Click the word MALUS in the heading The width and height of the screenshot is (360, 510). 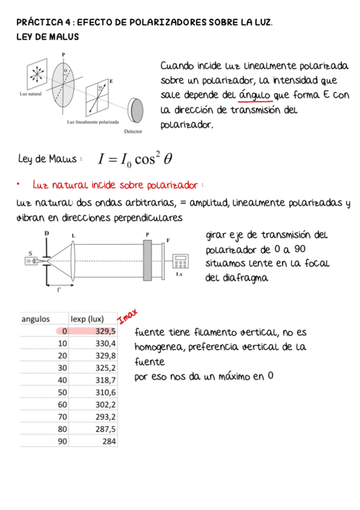(65, 37)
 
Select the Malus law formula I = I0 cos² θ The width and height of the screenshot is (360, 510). (136, 159)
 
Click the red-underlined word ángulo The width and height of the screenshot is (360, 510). (255, 96)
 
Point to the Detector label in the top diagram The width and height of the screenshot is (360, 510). (133, 131)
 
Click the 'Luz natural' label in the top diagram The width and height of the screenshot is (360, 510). (30, 94)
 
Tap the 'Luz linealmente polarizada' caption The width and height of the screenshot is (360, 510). (93, 121)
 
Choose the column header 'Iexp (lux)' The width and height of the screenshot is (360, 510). (87, 319)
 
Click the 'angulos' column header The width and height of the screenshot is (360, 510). (35, 319)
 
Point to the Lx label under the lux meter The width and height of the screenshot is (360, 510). (179, 274)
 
